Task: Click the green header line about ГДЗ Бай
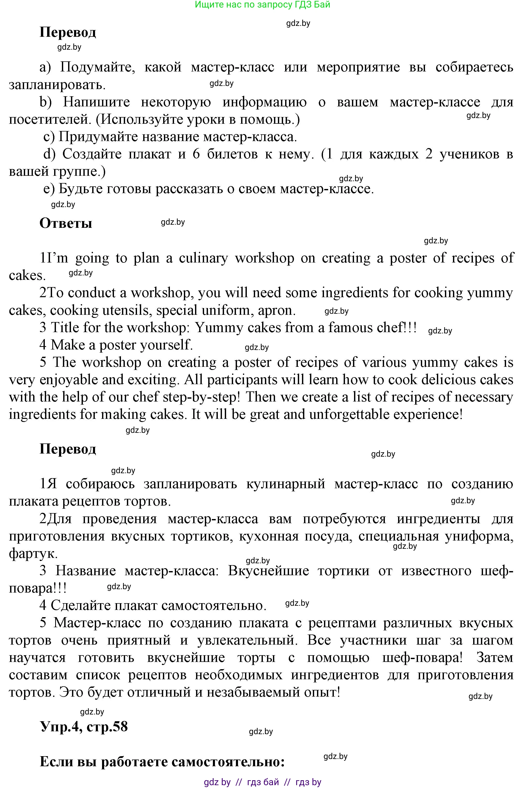coord(262,5)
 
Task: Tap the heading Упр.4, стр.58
coord(84,727)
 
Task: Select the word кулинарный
coord(286,484)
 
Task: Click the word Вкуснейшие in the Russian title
coord(268,571)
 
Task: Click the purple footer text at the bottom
coord(262,782)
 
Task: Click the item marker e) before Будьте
coord(49,189)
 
